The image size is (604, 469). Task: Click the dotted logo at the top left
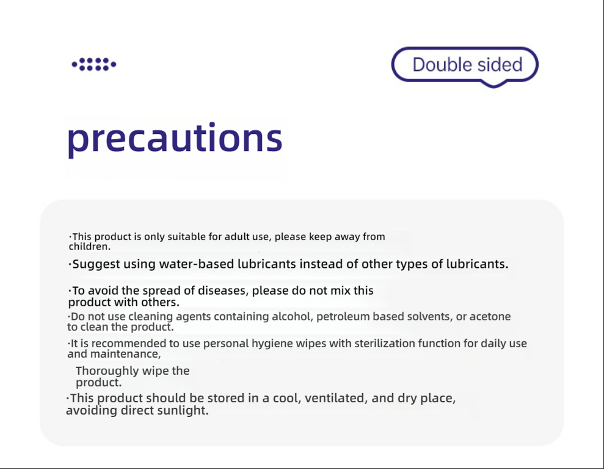point(94,64)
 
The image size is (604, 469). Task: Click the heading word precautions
point(175,139)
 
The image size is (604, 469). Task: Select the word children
point(89,246)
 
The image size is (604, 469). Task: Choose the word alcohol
point(290,316)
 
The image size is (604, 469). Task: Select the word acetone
point(490,317)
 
